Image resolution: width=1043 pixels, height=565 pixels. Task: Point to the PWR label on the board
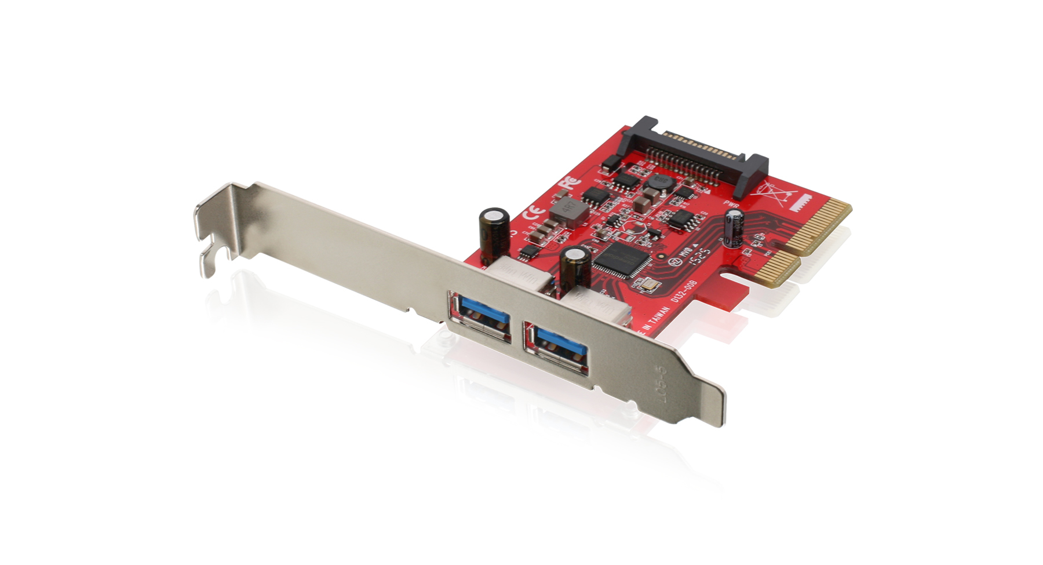[x=731, y=204]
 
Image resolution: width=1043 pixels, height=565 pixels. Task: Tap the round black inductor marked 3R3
[x=657, y=183]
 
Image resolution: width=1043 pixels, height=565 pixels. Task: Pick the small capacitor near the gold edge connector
[x=735, y=227]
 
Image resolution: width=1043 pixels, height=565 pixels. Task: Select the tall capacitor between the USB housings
[x=575, y=267]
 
